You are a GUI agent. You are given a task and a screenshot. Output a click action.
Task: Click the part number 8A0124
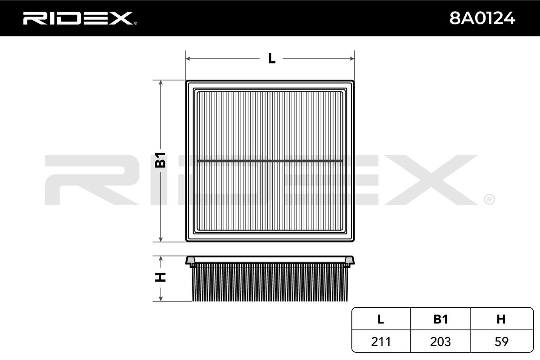482,18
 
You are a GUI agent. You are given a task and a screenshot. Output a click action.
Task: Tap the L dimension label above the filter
271,58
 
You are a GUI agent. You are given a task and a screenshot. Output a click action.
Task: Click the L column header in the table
381,319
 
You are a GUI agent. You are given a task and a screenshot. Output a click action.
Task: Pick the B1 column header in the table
440,319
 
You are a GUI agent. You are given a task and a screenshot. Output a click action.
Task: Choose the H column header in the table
500,319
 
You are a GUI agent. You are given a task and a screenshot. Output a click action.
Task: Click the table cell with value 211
381,342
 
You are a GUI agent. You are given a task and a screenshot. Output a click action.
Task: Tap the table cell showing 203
440,342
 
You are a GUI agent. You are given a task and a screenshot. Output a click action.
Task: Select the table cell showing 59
500,342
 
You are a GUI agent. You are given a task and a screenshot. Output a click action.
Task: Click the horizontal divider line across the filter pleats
270,160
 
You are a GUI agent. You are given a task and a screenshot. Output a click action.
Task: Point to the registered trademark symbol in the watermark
489,199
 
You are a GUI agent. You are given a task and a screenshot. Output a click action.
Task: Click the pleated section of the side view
270,283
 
